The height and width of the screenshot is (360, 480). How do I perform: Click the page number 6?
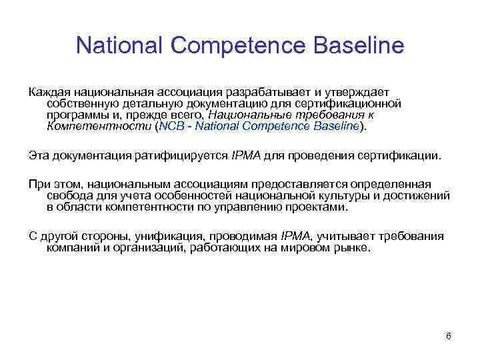pyautogui.click(x=449, y=335)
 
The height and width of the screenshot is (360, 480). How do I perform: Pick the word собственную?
pyautogui.click(x=79, y=103)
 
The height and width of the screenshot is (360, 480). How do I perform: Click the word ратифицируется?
pyautogui.click(x=173, y=155)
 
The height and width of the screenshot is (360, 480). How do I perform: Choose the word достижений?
pyautogui.click(x=418, y=195)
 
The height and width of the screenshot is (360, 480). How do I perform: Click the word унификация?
pyautogui.click(x=169, y=237)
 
